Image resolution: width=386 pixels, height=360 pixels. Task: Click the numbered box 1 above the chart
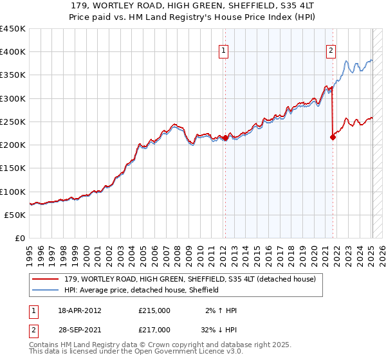point(223,51)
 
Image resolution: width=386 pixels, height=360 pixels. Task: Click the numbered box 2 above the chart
point(331,51)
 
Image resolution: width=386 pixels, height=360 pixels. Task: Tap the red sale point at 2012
point(225,138)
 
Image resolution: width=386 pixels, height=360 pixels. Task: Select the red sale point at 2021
point(333,137)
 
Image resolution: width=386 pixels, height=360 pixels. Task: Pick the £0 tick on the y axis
point(21,238)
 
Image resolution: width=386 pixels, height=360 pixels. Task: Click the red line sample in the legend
point(46,280)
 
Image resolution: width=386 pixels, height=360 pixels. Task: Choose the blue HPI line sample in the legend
point(46,290)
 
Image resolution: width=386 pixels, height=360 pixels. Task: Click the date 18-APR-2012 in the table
point(79,310)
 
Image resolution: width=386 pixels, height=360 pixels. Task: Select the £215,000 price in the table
point(154,310)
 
